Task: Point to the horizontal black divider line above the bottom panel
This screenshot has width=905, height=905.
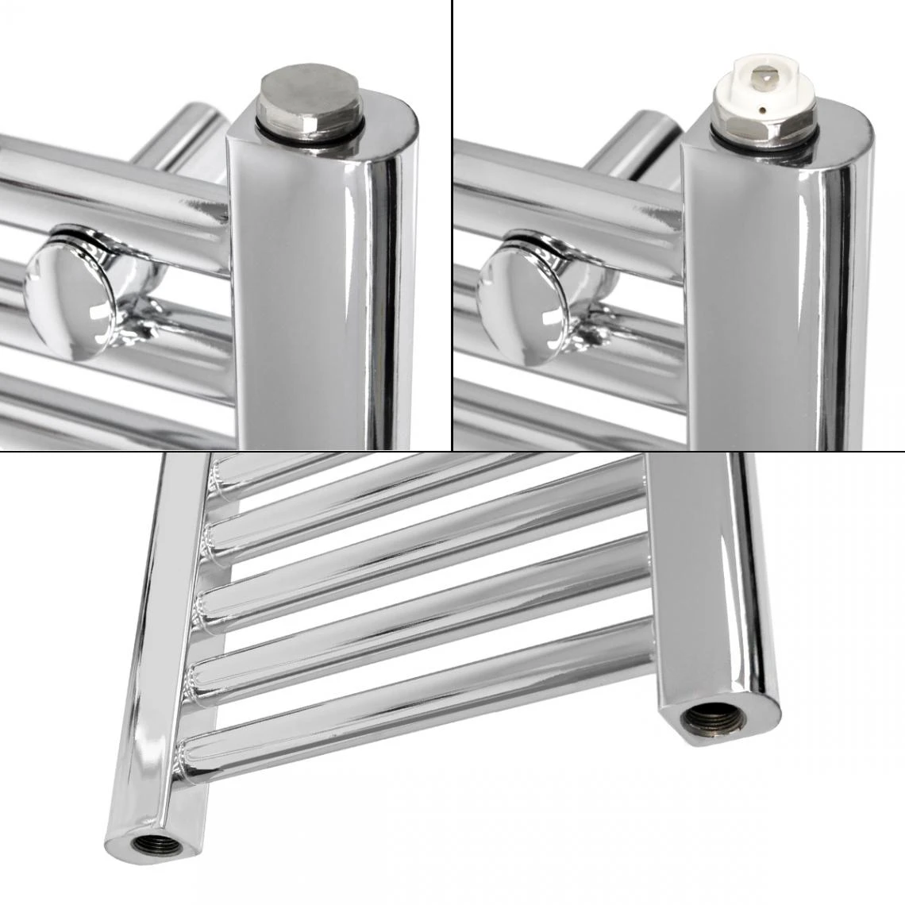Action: point(452,451)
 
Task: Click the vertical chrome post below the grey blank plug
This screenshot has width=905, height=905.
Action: point(325,302)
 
